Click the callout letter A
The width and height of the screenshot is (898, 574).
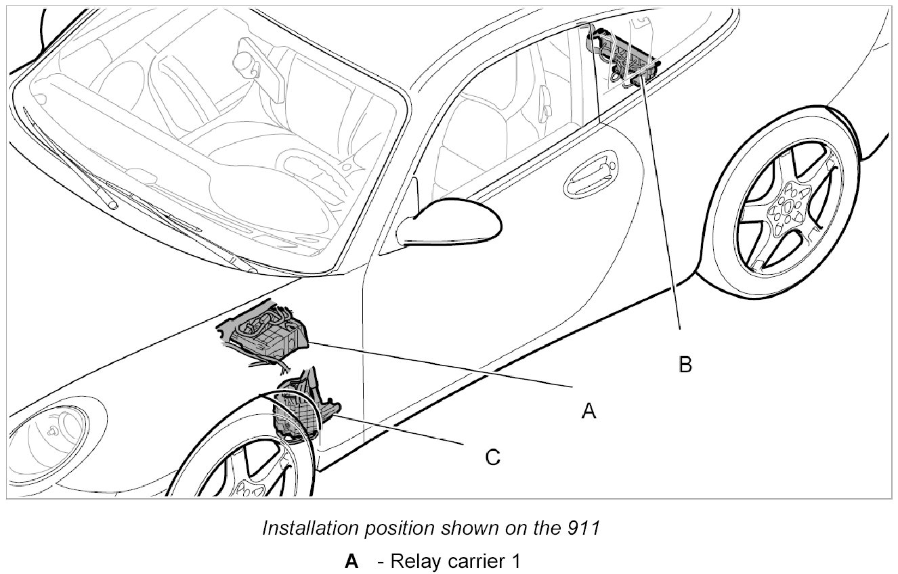[x=589, y=410]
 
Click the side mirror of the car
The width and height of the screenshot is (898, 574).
[x=448, y=221]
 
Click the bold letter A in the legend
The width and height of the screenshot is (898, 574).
[x=351, y=562]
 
